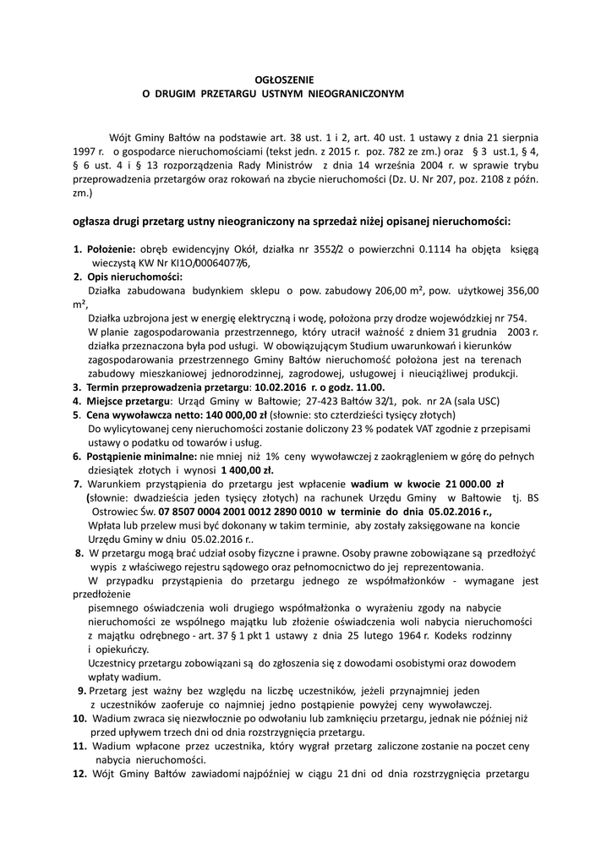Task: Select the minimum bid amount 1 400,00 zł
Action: pyautogui.click(x=248, y=469)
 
